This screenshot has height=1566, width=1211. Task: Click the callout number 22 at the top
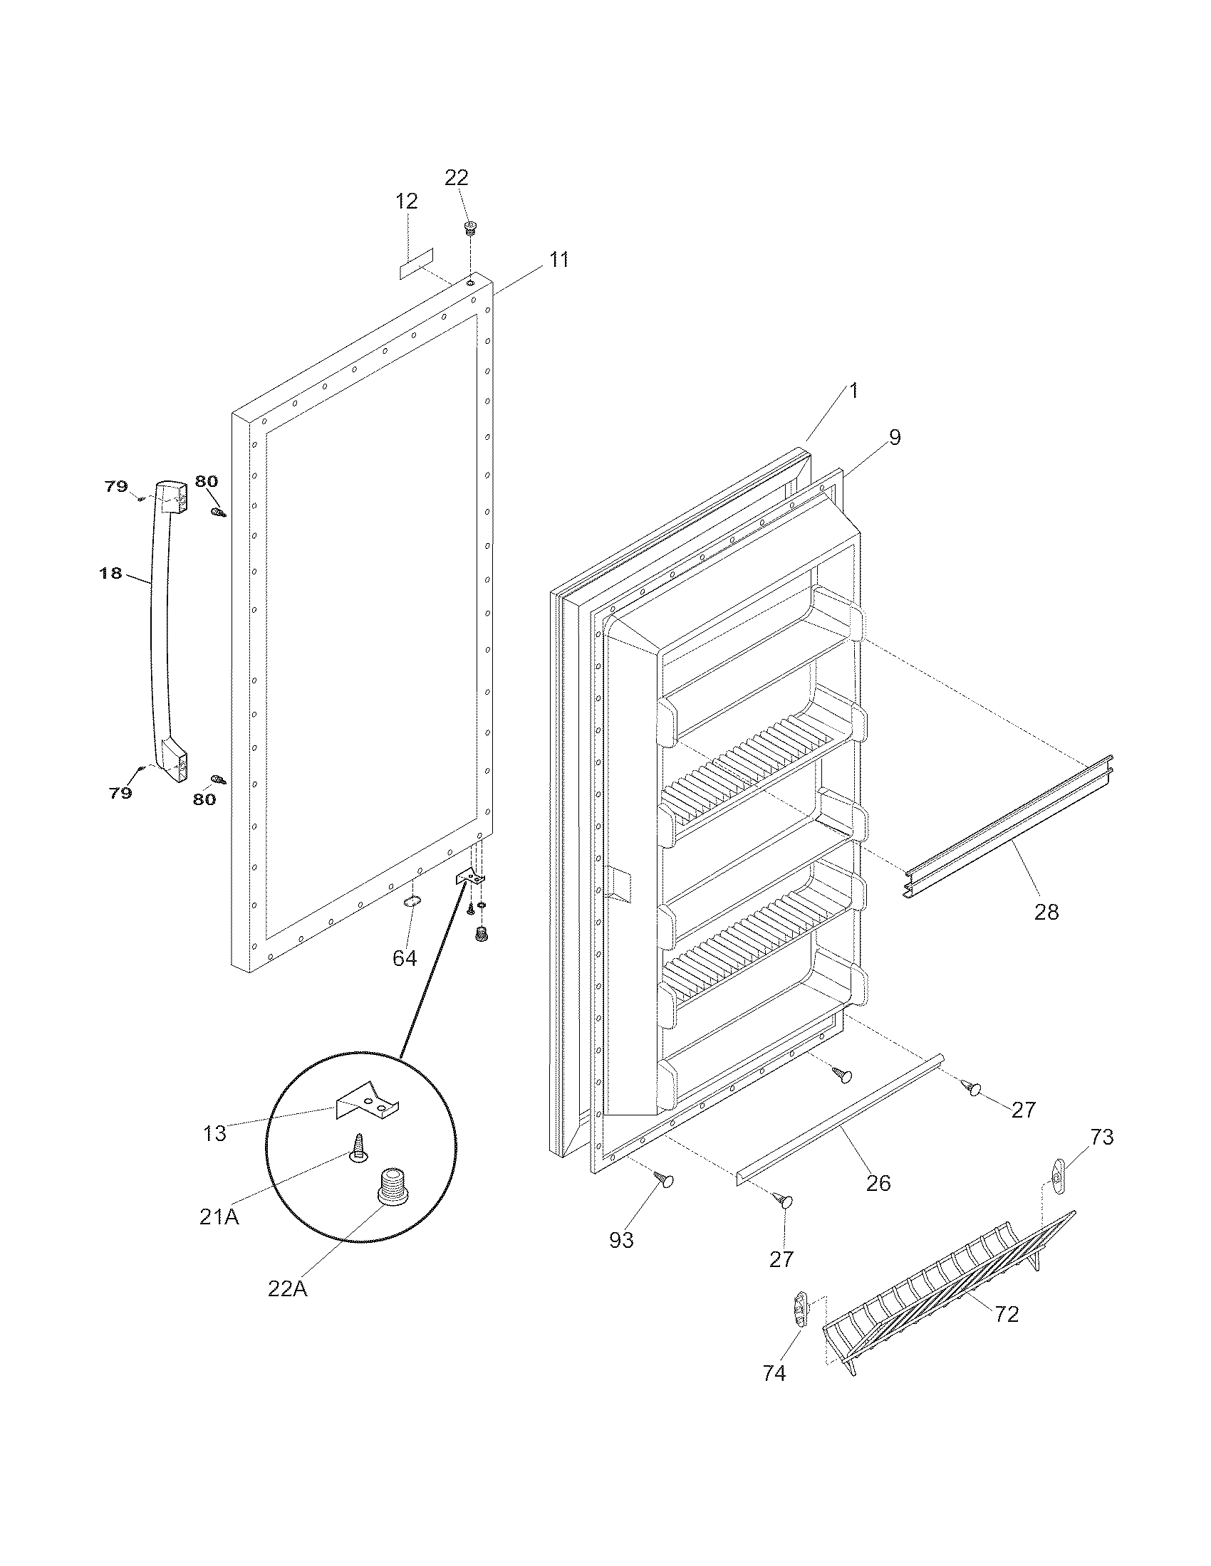(457, 177)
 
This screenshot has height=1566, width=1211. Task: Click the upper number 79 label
(116, 486)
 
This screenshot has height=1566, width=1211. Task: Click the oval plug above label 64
(411, 902)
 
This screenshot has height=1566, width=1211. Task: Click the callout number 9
(894, 437)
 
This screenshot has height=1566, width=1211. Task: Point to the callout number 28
(1046, 912)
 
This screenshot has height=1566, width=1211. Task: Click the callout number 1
(853, 391)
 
